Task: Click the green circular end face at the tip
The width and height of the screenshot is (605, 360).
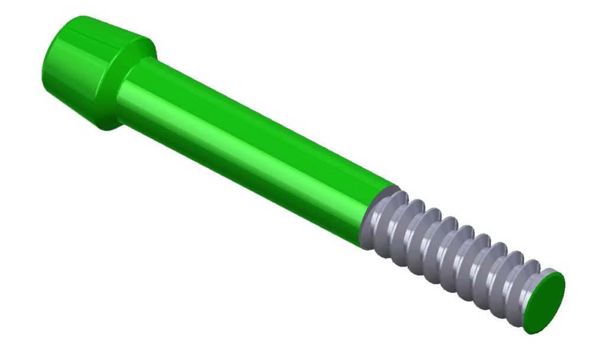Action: (545, 302)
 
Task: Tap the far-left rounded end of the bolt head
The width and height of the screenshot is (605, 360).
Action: (46, 65)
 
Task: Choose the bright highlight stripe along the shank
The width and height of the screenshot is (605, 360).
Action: (236, 127)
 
